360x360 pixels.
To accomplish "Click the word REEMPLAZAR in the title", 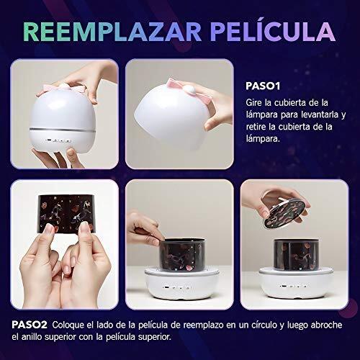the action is coord(112,32).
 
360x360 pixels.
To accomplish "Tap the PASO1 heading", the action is coord(263,86).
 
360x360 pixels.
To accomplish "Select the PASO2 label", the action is coord(30,325).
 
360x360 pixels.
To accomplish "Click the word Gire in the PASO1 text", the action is coord(253,103).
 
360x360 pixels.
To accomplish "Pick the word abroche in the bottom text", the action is coord(326,325).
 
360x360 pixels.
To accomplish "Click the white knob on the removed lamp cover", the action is coord(192,89).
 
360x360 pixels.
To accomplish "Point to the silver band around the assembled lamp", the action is coord(63,130).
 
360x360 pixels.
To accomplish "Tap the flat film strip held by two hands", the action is coord(66,213).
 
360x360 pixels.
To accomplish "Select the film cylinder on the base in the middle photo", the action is coord(182,254).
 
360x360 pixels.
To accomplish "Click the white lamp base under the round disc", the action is coord(296,284).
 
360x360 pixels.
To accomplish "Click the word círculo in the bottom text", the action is coord(264,325).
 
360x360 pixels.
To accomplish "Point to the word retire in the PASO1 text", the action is coord(256,127).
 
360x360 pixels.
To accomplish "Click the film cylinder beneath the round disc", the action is coord(297,254).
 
